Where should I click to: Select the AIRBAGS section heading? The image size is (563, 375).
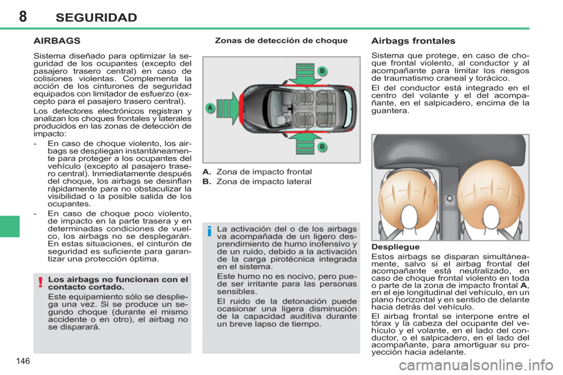coord(57,41)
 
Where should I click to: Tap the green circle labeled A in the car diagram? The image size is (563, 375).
coord(209,108)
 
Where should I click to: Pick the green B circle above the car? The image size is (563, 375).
coord(321,71)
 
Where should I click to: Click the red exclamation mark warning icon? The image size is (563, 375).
coord(40,284)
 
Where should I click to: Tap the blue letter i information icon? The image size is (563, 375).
coord(208,233)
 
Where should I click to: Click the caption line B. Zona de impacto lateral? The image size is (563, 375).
coord(256,182)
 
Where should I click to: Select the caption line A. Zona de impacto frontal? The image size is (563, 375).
coord(256,172)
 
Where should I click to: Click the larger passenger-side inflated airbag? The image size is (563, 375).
coord(490,196)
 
